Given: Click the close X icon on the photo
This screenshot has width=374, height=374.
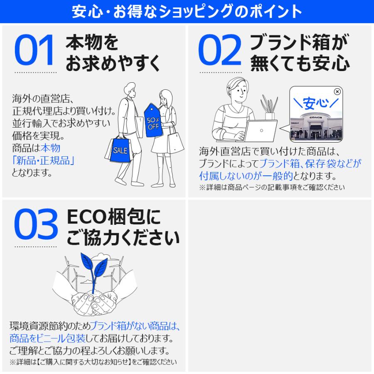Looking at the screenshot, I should point(337,91).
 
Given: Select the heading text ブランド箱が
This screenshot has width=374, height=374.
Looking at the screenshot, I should point(299,43).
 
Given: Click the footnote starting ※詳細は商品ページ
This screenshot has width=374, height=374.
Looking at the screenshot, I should point(272,187).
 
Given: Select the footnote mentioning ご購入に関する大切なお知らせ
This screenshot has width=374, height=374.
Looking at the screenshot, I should point(93,361).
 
